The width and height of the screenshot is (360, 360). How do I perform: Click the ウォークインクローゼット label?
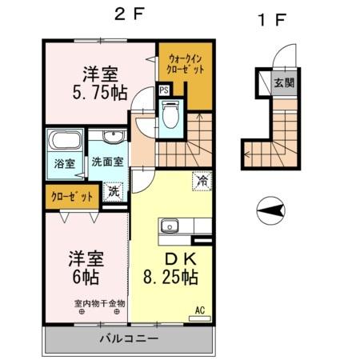tap(186, 64)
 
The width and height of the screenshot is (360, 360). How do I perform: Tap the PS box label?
tap(163, 90)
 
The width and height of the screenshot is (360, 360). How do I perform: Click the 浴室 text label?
tap(64, 164)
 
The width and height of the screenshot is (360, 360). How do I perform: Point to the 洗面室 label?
tap(106, 161)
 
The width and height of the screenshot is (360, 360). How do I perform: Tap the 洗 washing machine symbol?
tap(114, 191)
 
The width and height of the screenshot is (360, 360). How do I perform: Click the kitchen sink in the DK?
tap(169, 226)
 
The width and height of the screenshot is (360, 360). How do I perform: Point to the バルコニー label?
tap(128, 338)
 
